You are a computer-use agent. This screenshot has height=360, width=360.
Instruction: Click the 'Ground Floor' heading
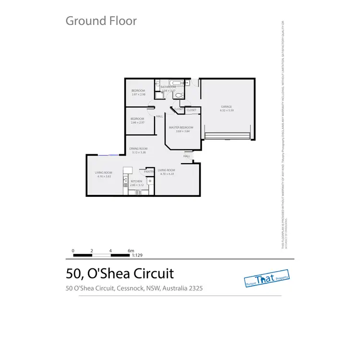coord(101,21)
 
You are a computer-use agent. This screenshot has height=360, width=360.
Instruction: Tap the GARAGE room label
coord(227,107)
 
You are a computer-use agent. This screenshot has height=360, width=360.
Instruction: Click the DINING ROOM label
coord(138,148)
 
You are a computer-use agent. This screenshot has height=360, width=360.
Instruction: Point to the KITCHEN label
coord(137,181)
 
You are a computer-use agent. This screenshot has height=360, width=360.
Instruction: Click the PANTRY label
coord(148,171)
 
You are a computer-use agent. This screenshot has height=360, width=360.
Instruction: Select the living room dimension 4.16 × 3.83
coord(104,177)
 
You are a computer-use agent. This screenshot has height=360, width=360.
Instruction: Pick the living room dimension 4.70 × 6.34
coord(167,175)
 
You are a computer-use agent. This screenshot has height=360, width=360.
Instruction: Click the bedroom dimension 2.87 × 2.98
coord(138,95)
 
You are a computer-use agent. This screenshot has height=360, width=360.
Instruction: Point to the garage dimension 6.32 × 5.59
coord(227,111)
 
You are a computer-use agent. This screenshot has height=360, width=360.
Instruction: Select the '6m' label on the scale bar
coord(130,251)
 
